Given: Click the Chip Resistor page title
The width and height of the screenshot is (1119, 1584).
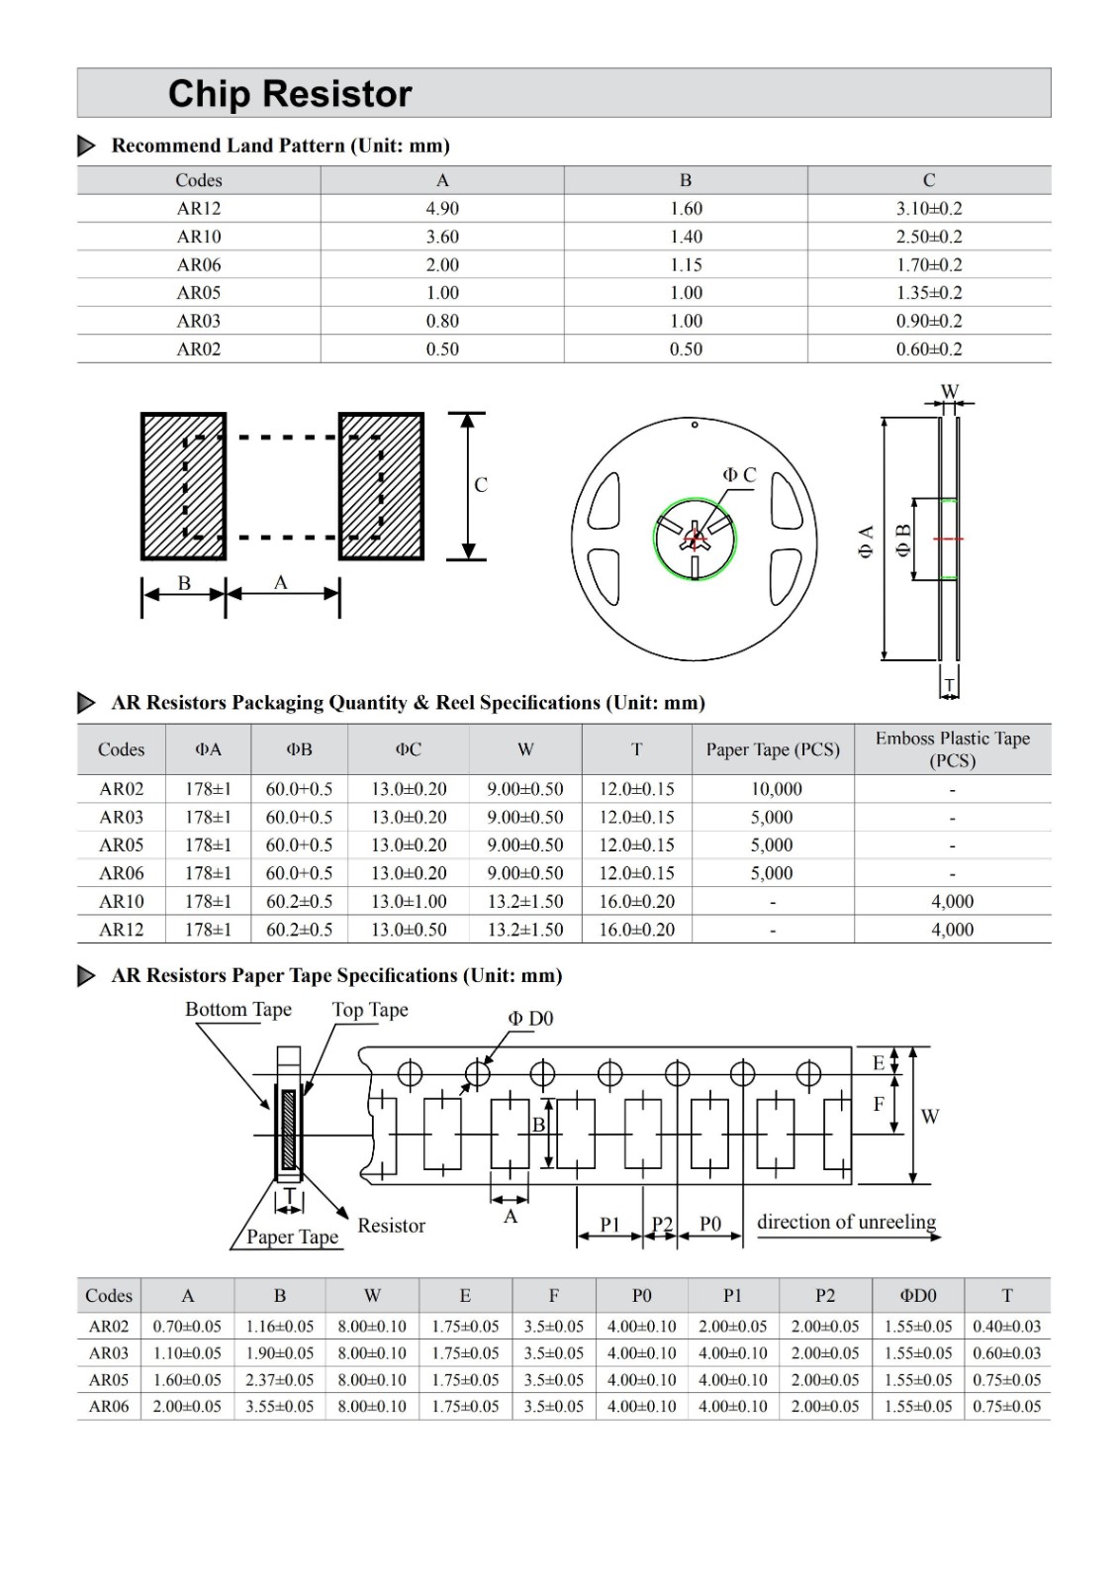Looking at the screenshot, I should pyautogui.click(x=289, y=94).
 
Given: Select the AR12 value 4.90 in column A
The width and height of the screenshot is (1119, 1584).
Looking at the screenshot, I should pyautogui.click(x=442, y=209).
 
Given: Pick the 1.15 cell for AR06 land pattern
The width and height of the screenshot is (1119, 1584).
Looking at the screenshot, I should pyautogui.click(x=686, y=265).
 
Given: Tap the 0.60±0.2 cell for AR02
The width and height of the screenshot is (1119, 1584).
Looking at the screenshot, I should pyautogui.click(x=928, y=349).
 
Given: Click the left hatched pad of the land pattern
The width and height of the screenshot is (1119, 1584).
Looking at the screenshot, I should pyautogui.click(x=184, y=486).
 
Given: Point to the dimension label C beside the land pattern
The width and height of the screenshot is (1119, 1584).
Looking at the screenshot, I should pyautogui.click(x=481, y=485).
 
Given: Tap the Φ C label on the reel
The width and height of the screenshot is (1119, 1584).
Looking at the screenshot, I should pyautogui.click(x=739, y=475).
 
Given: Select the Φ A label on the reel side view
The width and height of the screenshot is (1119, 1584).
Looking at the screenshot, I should pyautogui.click(x=866, y=542).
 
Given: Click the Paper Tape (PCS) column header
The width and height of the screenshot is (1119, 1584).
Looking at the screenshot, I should pyautogui.click(x=772, y=750).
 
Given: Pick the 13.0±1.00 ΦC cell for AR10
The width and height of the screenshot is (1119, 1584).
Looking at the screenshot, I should pyautogui.click(x=409, y=902).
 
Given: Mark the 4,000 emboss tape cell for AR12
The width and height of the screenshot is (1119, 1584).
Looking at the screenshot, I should pyautogui.click(x=952, y=931).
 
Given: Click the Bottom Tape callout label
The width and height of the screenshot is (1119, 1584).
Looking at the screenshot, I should pyautogui.click(x=238, y=1010).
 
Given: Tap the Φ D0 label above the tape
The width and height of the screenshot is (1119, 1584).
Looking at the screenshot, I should pyautogui.click(x=531, y=1019).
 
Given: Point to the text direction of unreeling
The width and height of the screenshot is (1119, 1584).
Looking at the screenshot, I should pyautogui.click(x=846, y=1223).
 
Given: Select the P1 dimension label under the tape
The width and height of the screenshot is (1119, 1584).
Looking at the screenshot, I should pyautogui.click(x=609, y=1225).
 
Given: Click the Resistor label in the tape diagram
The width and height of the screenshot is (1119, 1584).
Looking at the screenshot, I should pyautogui.click(x=391, y=1227).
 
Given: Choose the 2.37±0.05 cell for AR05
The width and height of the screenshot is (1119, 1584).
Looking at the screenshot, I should pyautogui.click(x=280, y=1380).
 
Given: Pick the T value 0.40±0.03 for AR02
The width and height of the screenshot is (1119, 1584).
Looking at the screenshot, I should pyautogui.click(x=1006, y=1327).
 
